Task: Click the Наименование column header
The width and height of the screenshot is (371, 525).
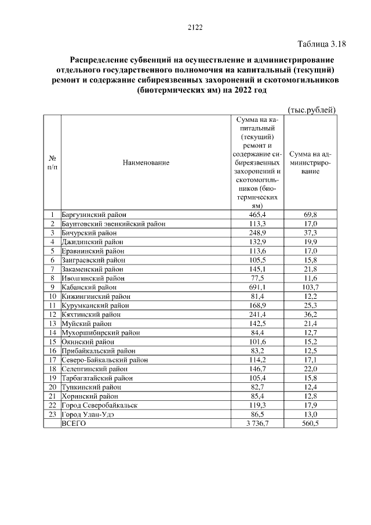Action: pos(146,163)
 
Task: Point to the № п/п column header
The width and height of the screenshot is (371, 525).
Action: pos(52,163)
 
